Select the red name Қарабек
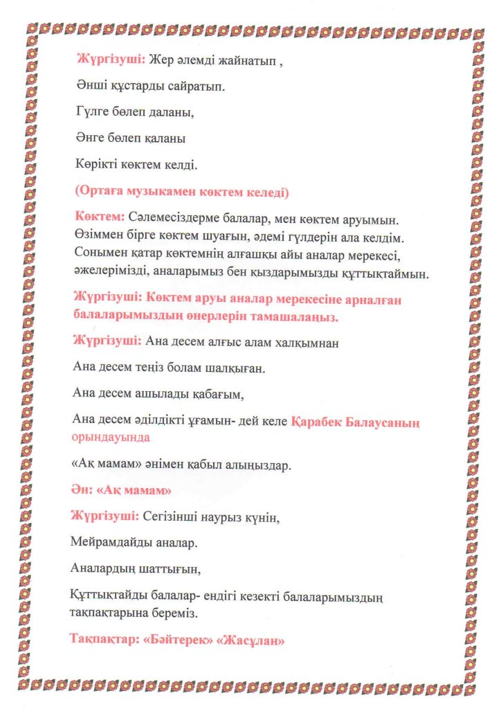coord(319,421)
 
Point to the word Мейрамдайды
coord(113,542)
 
